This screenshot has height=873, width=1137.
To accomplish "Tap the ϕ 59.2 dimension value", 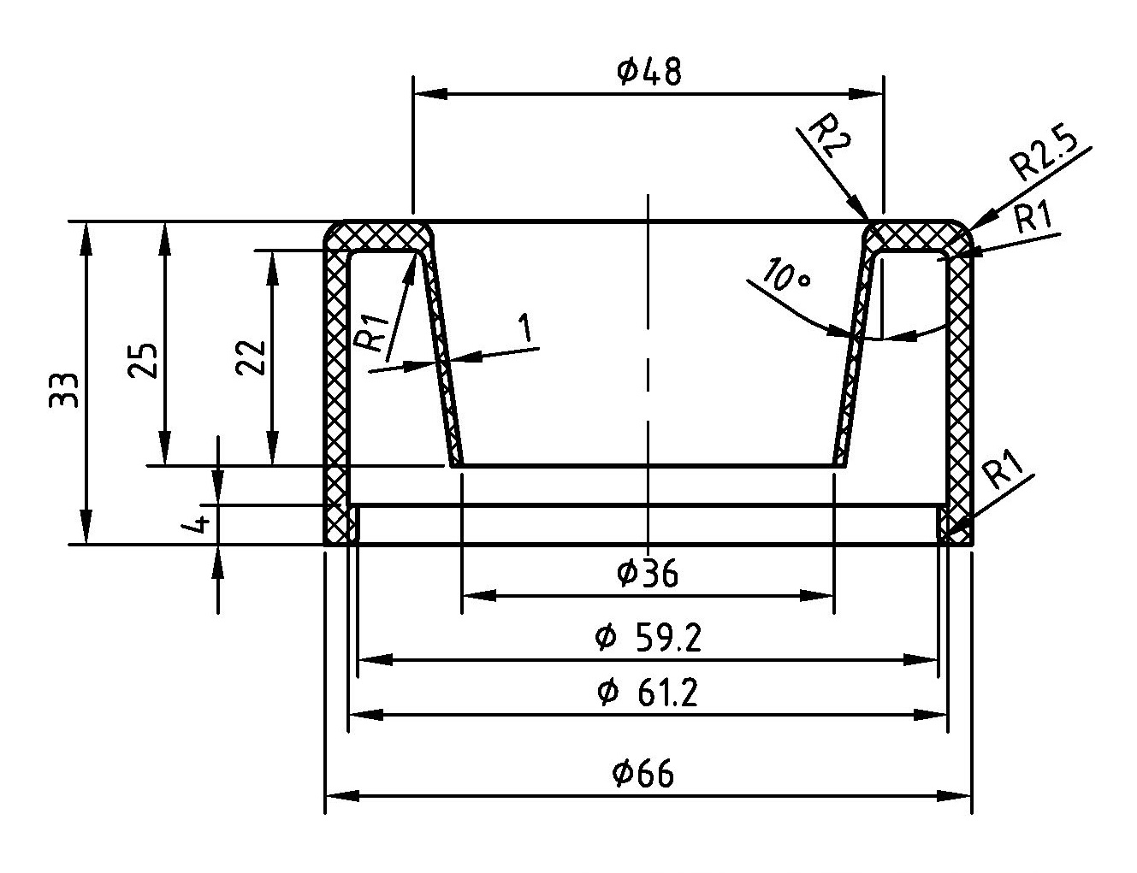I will (x=648, y=639).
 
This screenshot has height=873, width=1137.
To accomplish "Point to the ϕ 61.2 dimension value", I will (x=648, y=693).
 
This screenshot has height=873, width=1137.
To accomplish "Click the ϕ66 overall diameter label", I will (x=643, y=775).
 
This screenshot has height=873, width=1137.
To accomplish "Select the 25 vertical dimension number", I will (x=143, y=360).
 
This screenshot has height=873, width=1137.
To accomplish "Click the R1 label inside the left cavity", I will (x=374, y=333).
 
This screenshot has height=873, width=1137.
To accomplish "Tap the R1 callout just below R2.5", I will (x=1031, y=219).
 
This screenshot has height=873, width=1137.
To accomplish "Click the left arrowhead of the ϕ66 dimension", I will (x=336, y=796).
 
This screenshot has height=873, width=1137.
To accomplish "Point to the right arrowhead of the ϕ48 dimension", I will (x=873, y=92).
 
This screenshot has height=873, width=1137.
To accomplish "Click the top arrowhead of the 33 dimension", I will (x=86, y=232).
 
